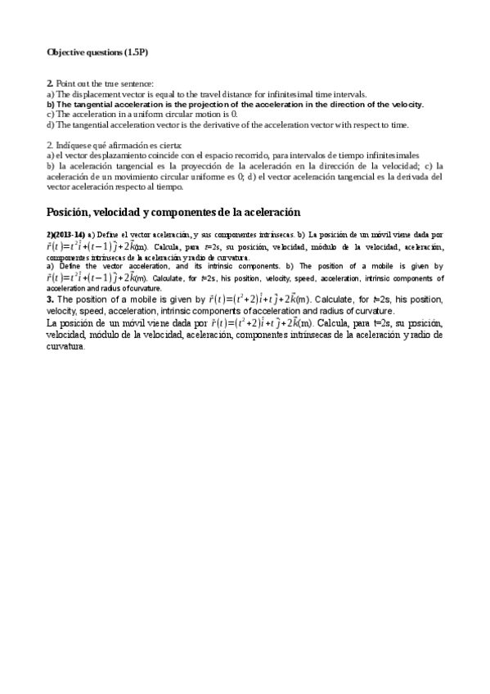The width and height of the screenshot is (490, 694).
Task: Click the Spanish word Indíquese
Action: [74, 145]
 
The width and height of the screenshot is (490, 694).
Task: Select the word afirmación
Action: [131, 145]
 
